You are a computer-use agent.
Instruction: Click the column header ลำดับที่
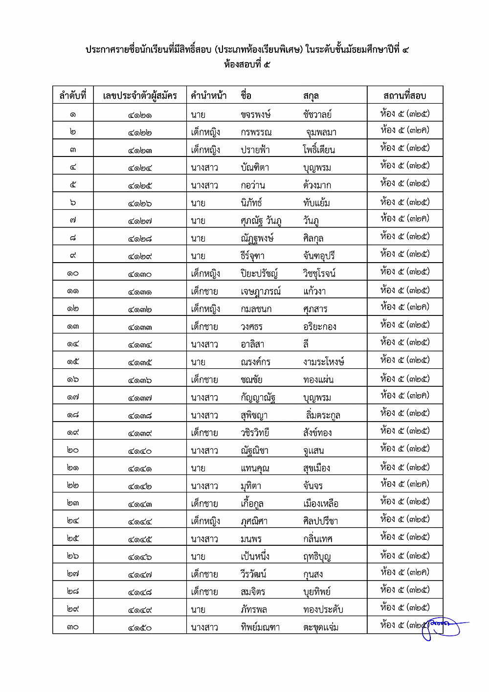[x=73, y=95]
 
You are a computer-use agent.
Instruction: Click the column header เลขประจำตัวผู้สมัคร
[x=140, y=95]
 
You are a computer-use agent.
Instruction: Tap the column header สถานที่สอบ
[x=404, y=95]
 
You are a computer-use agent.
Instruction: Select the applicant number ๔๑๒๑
[x=140, y=115]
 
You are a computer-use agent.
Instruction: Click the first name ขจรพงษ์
[x=255, y=115]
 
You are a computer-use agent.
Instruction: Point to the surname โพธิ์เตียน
[x=319, y=150]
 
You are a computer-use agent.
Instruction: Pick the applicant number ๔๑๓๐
[x=140, y=274]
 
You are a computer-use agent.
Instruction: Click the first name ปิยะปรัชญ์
[x=259, y=273]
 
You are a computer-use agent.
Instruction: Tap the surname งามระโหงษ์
[x=323, y=362]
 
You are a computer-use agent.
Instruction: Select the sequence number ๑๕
[x=73, y=362]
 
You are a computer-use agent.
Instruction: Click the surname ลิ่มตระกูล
[x=323, y=415]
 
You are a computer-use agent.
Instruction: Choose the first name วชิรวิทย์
[x=255, y=433]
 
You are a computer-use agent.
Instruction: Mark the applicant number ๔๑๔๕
[x=140, y=539]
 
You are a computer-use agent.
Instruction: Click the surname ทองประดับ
[x=323, y=609]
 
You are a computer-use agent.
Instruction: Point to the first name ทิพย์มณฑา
[x=260, y=627]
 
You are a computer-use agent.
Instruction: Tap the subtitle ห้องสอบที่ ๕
[x=247, y=64]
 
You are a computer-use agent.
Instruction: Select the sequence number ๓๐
[x=73, y=627]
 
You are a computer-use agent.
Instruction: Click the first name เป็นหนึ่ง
[x=255, y=557]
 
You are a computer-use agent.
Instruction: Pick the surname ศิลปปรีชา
[x=320, y=521]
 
